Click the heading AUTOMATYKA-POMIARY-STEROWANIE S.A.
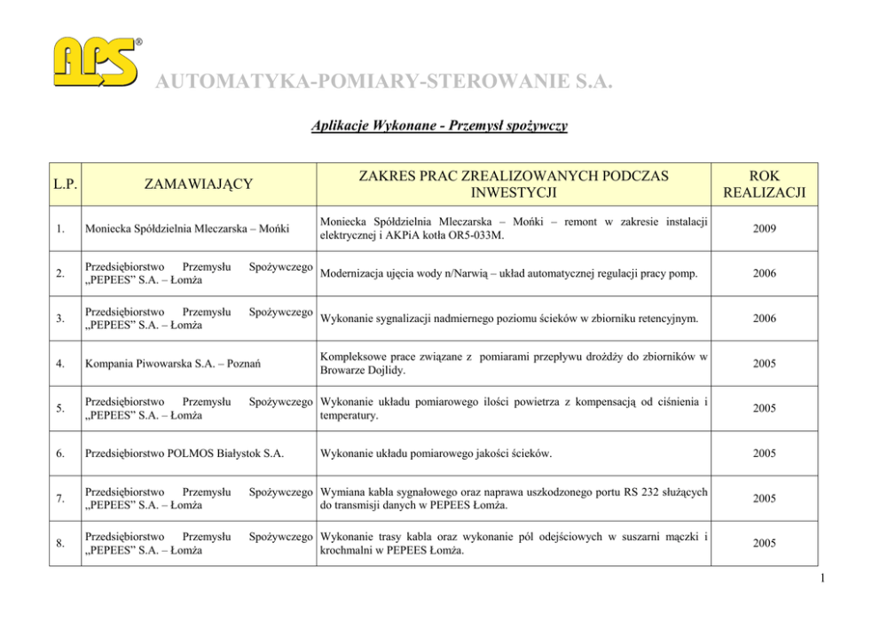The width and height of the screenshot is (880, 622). (384, 83)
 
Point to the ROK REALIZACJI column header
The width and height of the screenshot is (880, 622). (764, 184)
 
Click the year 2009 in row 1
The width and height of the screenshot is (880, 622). (764, 229)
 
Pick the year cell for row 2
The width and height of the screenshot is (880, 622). (764, 273)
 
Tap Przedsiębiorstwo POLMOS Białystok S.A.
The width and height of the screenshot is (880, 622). (183, 453)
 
